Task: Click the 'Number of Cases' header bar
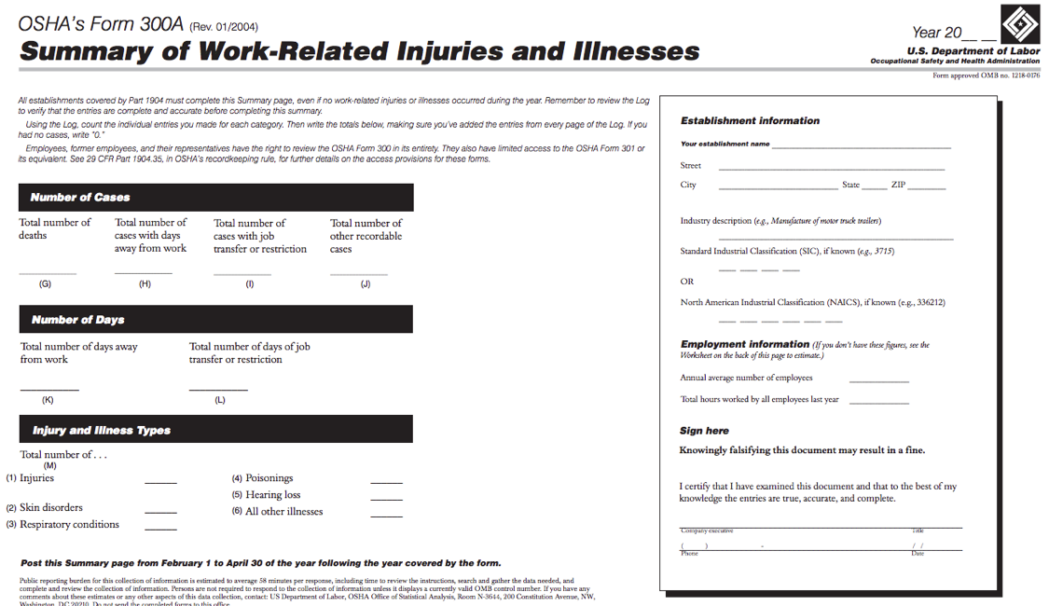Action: [x=215, y=198]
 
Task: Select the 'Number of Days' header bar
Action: [x=215, y=320]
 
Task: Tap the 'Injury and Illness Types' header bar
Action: [x=215, y=431]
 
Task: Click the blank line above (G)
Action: [x=48, y=273]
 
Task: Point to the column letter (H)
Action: [x=145, y=284]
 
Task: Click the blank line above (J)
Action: [x=358, y=273]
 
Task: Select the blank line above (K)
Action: [x=49, y=389]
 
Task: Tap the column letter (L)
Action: [x=220, y=400]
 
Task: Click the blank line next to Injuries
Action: [x=160, y=482]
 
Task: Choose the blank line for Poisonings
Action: [x=386, y=482]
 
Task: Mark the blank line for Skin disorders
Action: [x=160, y=512]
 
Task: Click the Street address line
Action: [x=831, y=169]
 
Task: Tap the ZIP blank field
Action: [x=927, y=188]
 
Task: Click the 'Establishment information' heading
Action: [x=750, y=121]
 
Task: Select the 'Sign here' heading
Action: [x=704, y=431]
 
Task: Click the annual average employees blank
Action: [x=878, y=381]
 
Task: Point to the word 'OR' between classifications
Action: [x=687, y=281]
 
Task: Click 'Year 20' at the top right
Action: [x=937, y=33]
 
